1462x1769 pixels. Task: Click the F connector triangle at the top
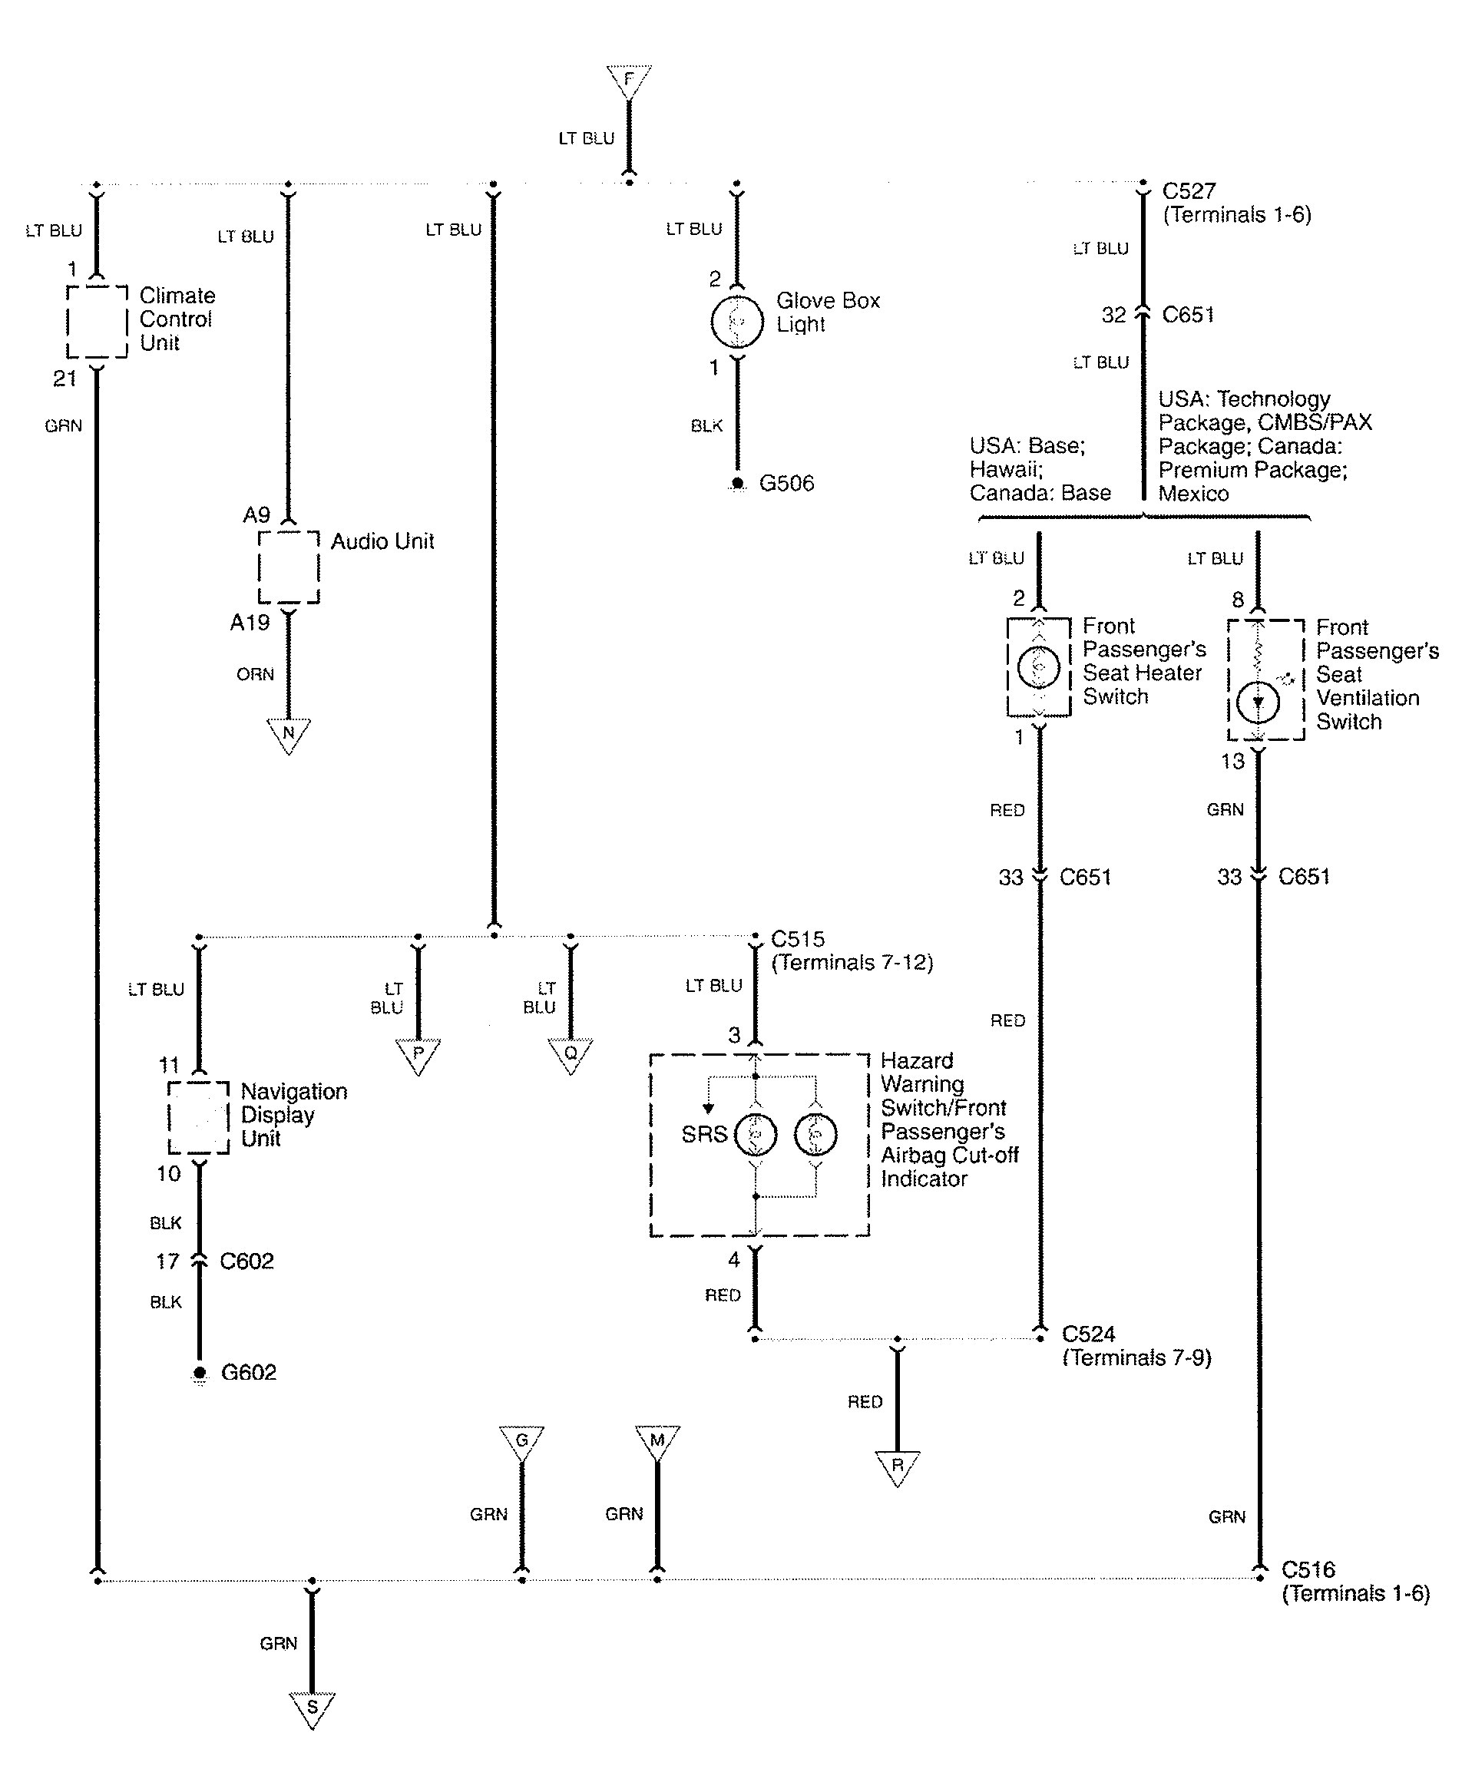(628, 81)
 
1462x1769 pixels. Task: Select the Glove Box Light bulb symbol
(737, 321)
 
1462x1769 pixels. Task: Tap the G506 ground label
(786, 483)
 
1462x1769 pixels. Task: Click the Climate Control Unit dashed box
(97, 322)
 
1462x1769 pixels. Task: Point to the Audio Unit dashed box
(288, 567)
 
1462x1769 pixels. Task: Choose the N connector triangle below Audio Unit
(288, 733)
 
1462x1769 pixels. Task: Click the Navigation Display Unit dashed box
(199, 1117)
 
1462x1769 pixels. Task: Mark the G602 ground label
(249, 1372)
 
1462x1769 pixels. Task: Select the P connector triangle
(418, 1054)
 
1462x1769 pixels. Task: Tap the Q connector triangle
(571, 1054)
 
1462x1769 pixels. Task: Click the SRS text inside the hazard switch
(704, 1134)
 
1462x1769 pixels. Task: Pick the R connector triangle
(897, 1466)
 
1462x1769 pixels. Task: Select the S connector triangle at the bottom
(312, 1708)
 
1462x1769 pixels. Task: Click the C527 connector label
(1189, 191)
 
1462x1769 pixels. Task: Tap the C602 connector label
(246, 1261)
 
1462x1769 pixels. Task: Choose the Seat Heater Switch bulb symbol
(1038, 667)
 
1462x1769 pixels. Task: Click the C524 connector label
(1088, 1334)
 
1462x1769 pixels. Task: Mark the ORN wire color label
(255, 674)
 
